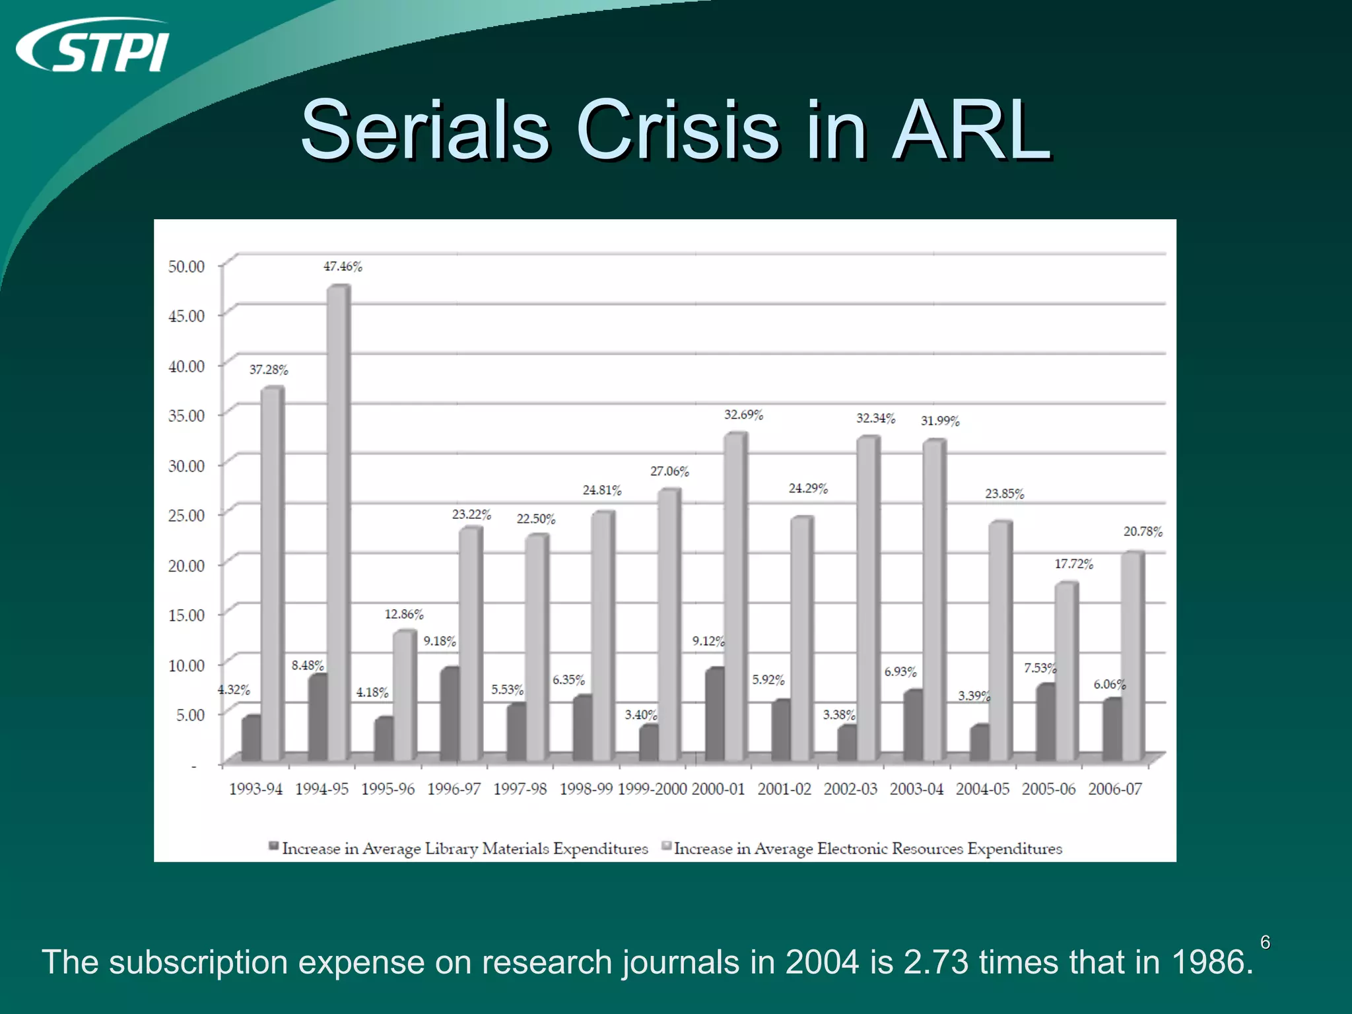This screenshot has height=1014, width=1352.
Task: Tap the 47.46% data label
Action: click(343, 267)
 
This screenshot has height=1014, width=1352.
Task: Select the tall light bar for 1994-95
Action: click(338, 522)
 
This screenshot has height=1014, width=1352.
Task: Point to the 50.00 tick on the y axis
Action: click(187, 266)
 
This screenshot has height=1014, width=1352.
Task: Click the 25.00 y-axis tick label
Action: click(187, 516)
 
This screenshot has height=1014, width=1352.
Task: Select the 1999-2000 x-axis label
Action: click(652, 790)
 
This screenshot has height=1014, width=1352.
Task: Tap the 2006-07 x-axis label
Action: click(1115, 790)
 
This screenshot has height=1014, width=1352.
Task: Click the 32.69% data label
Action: click(743, 415)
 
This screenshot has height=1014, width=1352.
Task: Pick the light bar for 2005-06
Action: click(1065, 670)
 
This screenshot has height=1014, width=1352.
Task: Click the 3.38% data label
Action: click(838, 715)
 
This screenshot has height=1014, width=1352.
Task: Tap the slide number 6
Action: click(1265, 943)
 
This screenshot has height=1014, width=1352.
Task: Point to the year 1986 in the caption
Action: click(1211, 962)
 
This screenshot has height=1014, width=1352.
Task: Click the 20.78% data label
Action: click(1143, 532)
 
